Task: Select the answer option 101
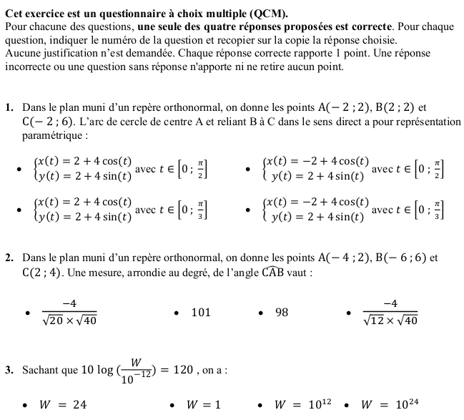pos(201,312)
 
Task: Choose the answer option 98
pos(282,312)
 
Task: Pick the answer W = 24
pos(63,405)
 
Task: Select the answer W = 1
pos(203,405)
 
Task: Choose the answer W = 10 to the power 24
pos(390,404)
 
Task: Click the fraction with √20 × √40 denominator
pos(69,312)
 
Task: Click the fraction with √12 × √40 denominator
pos(390,312)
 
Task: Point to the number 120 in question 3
pos(184,370)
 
